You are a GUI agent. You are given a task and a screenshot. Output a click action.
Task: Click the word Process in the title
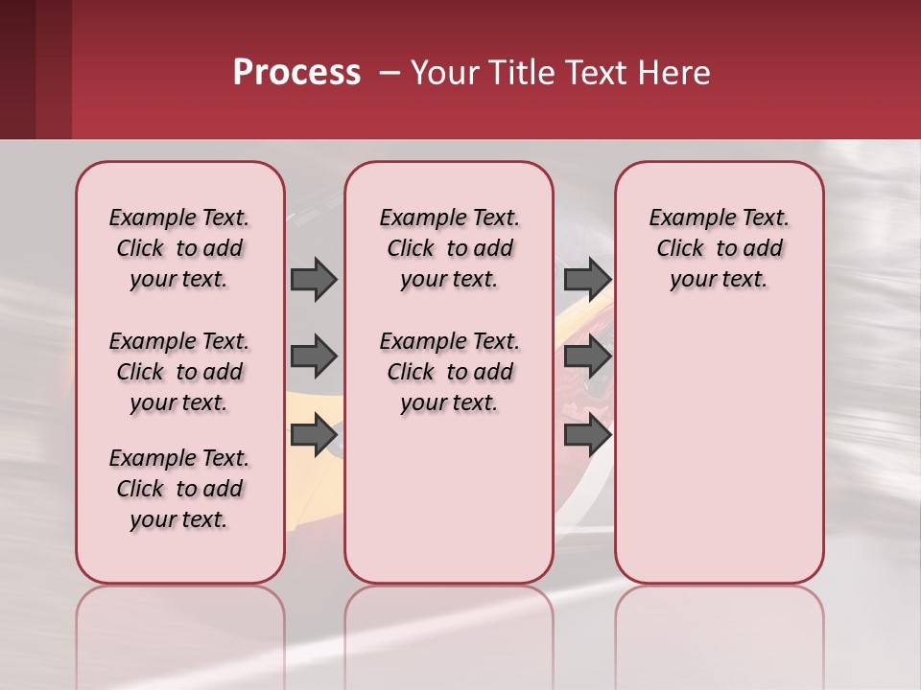pos(296,73)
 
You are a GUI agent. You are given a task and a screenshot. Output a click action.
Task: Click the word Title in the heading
pos(519,73)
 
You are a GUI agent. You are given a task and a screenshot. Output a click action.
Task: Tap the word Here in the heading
pos(674,73)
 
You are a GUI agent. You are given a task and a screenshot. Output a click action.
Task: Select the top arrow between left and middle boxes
pos(313,279)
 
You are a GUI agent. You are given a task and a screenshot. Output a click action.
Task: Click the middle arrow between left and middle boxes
pos(313,356)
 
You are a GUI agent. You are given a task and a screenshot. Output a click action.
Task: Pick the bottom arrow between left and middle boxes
pos(313,435)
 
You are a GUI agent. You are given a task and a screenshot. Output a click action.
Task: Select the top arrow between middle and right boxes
pos(587,279)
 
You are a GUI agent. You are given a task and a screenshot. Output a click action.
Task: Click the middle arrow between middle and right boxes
pos(587,356)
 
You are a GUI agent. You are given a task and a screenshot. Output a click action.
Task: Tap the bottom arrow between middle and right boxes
pos(587,435)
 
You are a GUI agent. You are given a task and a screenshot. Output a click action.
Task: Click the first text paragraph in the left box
pos(179,248)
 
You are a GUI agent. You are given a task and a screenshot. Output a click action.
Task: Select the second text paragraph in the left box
pos(179,372)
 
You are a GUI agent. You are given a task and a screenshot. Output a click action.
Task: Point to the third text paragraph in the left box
pos(179,489)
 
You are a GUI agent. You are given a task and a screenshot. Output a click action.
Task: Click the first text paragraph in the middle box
pos(449,248)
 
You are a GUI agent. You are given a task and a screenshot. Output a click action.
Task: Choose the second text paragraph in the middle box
pos(449,372)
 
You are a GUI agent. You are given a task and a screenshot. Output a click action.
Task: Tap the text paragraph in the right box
pos(719,248)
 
